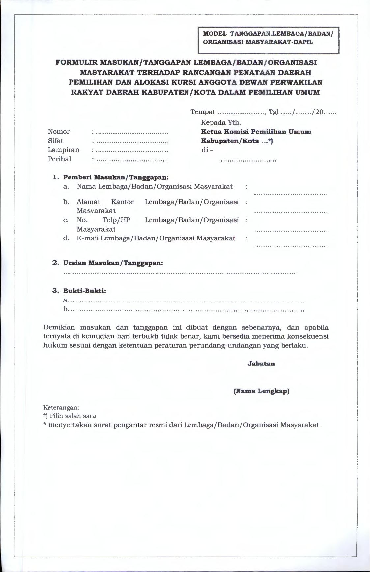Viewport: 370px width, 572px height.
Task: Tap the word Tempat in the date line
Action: tap(203, 112)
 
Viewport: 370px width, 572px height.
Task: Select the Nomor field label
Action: tap(59, 132)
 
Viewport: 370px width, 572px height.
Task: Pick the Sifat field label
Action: tap(55, 141)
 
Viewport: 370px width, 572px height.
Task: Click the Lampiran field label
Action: tap(64, 150)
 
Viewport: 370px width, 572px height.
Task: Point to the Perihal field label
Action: tap(59, 159)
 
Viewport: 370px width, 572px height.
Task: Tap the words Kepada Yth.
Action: tap(221, 123)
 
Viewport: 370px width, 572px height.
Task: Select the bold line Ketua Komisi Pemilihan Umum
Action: tap(256, 132)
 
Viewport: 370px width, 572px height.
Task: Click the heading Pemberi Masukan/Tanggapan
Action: tap(116, 177)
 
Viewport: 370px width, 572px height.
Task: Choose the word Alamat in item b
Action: tap(88, 202)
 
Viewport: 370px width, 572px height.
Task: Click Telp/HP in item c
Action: tap(116, 220)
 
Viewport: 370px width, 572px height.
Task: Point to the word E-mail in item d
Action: tap(88, 238)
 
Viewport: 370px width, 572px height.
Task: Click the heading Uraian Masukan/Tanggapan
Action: tap(113, 263)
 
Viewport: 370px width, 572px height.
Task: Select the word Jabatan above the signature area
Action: tap(261, 364)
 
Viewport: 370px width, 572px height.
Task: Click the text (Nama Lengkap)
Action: tap(261, 391)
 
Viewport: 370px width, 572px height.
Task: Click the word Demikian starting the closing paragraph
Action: tap(59, 328)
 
